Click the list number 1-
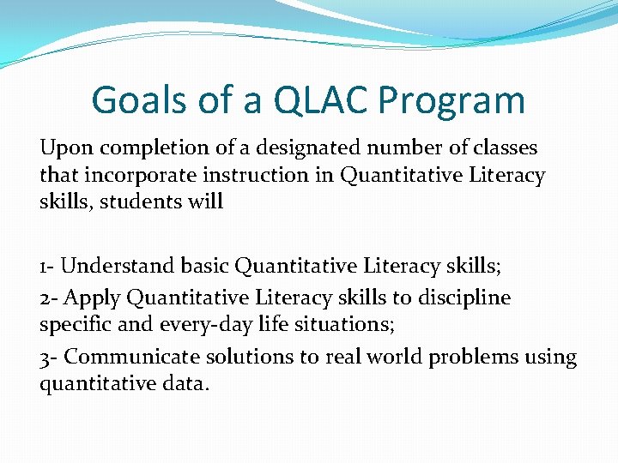[47, 267]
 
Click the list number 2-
[49, 298]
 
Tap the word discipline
[464, 298]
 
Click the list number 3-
[49, 357]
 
